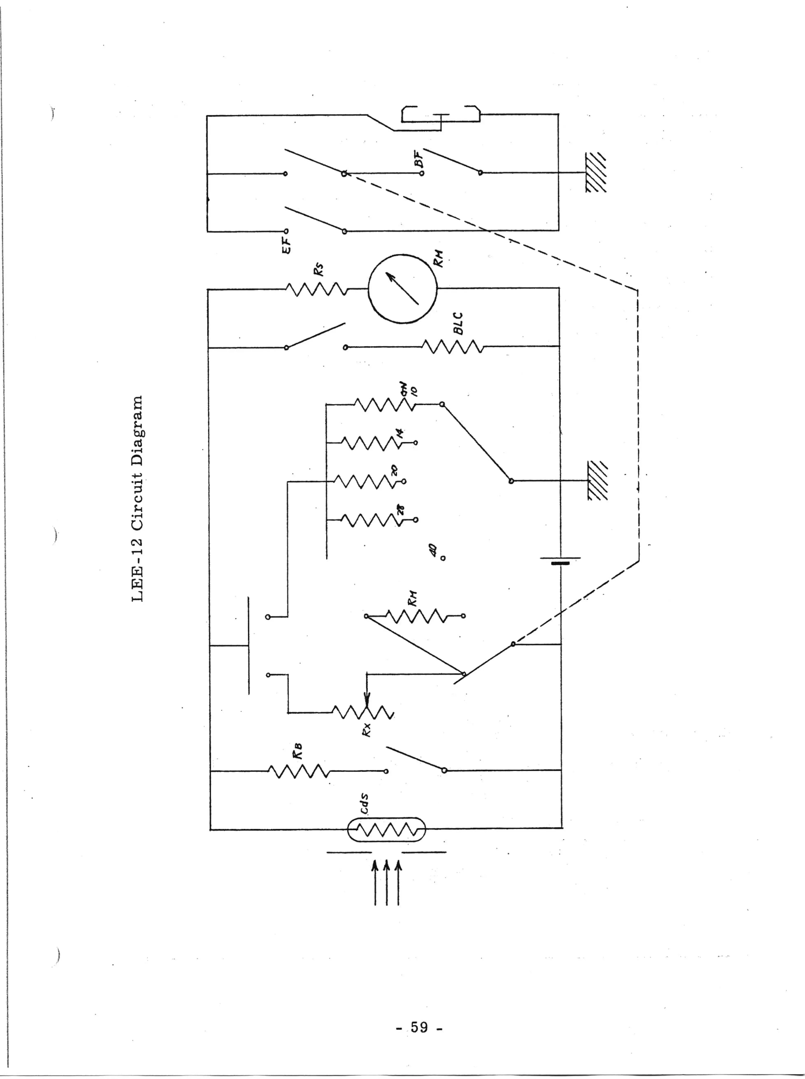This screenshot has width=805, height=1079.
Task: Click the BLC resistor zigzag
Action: click(x=452, y=347)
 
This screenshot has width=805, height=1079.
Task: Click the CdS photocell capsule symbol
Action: click(x=386, y=829)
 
